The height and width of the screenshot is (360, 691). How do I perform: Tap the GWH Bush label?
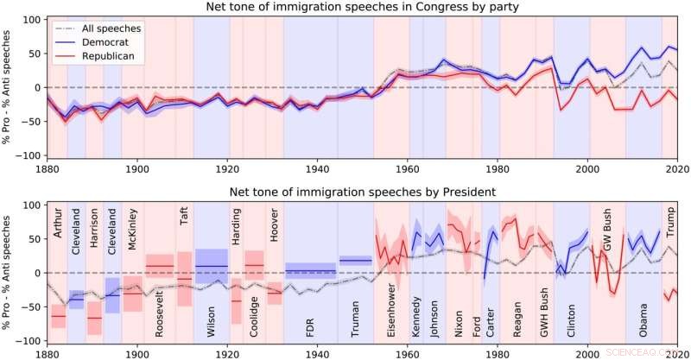pos(544,314)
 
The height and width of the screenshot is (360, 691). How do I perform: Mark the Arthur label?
pos(58,223)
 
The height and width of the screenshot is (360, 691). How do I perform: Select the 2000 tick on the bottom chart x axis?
pos(589,352)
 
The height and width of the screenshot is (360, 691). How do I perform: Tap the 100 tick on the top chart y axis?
pos(30,19)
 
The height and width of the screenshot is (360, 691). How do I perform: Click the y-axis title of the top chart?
pos(8,87)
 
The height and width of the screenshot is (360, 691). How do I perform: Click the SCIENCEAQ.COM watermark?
pos(653,352)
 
